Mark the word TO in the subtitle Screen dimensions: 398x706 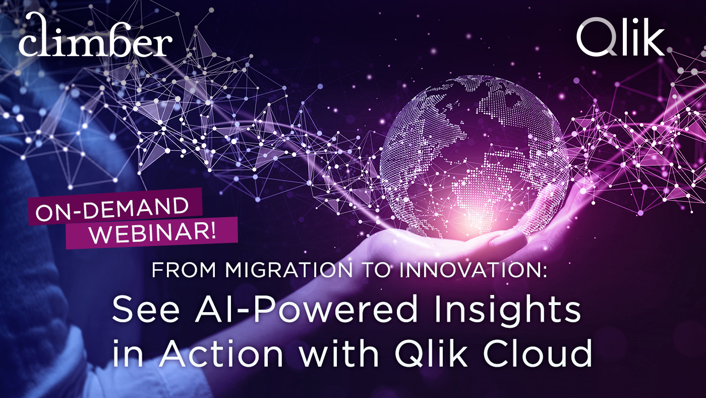383,271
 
